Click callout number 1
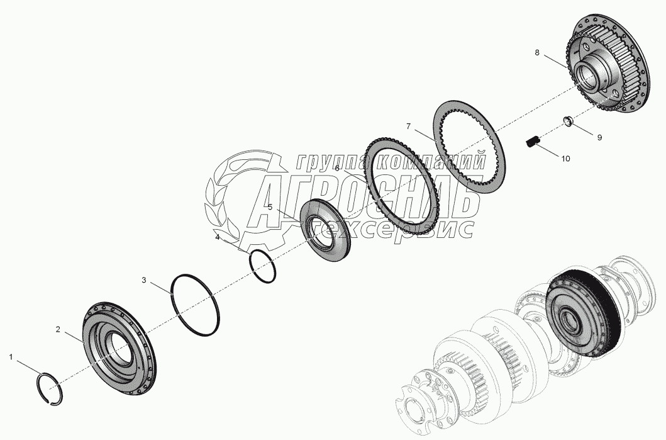click(11, 357)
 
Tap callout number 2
click(58, 329)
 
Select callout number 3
click(144, 280)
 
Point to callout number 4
click(218, 237)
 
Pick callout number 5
click(270, 206)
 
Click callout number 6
click(337, 168)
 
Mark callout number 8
click(537, 53)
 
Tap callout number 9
click(599, 137)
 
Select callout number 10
click(565, 159)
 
